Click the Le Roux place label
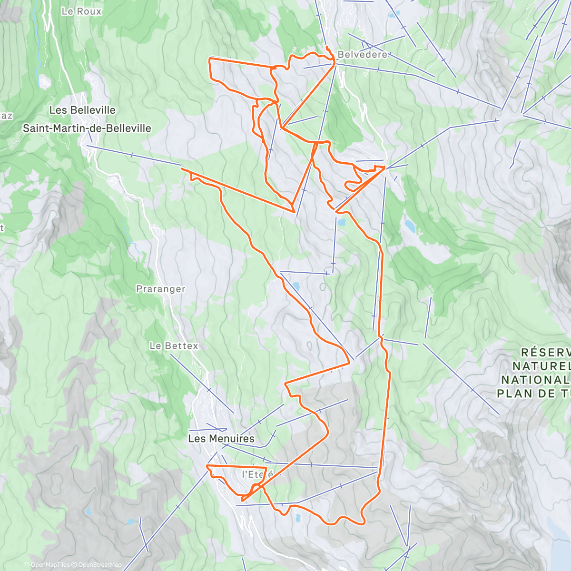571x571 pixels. [x=81, y=11]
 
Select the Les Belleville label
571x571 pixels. [x=82, y=110]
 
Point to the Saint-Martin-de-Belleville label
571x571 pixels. [x=87, y=128]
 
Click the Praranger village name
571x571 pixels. [x=160, y=289]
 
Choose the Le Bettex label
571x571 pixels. [x=174, y=346]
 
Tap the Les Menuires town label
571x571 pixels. [x=221, y=438]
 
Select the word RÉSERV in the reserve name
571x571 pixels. [x=545, y=353]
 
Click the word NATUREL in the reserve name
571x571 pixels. [x=541, y=366]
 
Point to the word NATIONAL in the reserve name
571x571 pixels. [x=535, y=380]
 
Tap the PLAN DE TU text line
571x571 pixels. [x=533, y=394]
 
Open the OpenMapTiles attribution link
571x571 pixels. [x=50, y=565]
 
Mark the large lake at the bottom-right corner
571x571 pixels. [x=559, y=538]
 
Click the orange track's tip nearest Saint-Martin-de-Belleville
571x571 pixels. [x=182, y=168]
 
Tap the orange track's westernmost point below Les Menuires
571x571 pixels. [x=207, y=466]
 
